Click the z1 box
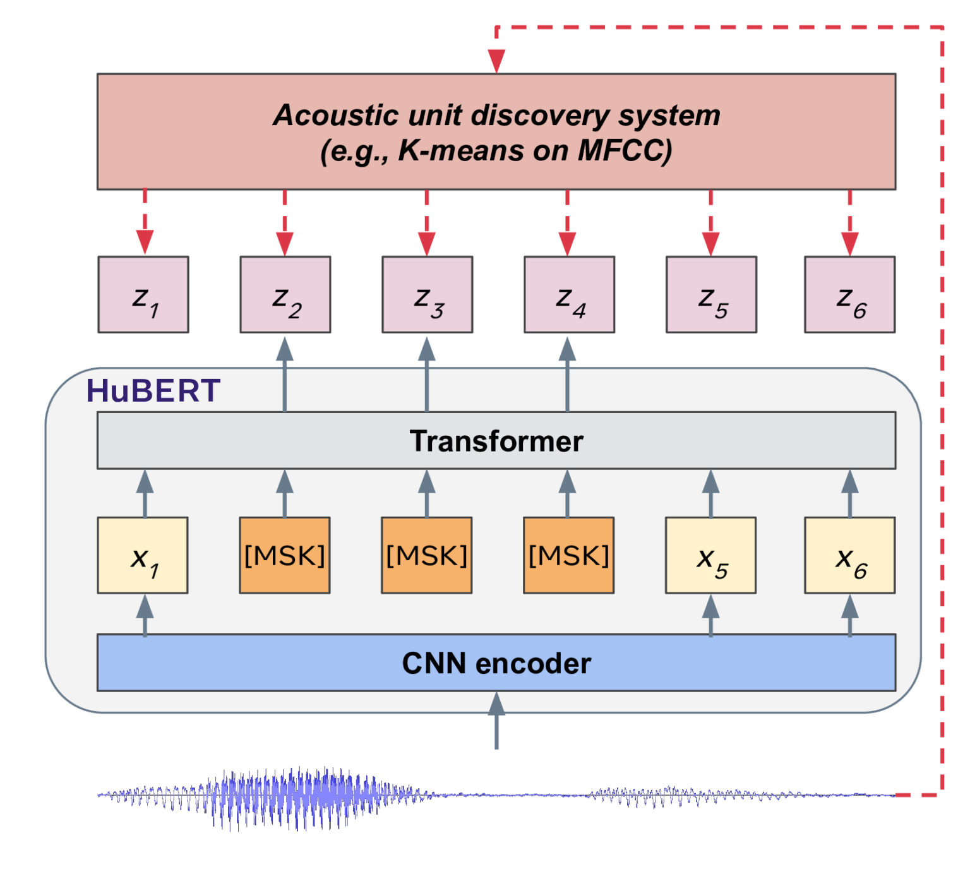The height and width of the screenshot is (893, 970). pyautogui.click(x=143, y=294)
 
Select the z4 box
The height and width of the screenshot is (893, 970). pyautogui.click(x=569, y=294)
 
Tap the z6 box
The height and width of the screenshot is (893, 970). pyautogui.click(x=849, y=294)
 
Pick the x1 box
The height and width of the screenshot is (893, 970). pyautogui.click(x=143, y=555)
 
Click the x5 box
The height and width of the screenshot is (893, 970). pyautogui.click(x=710, y=555)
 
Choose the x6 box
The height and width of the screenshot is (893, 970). pyautogui.click(x=849, y=555)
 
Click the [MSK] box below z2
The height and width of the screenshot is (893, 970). pyautogui.click(x=285, y=555)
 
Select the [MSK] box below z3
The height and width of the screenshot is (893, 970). pyautogui.click(x=427, y=555)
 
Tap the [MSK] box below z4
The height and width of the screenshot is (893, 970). pyautogui.click(x=569, y=555)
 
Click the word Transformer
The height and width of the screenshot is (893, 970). pyautogui.click(x=496, y=441)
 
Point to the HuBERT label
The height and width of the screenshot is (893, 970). pyautogui.click(x=153, y=390)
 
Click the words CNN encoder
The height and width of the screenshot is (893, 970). pyautogui.click(x=496, y=663)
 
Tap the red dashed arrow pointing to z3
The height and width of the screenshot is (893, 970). pyautogui.click(x=427, y=222)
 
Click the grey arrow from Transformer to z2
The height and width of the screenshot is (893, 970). pyautogui.click(x=285, y=374)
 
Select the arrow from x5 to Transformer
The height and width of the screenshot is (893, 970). pyautogui.click(x=711, y=493)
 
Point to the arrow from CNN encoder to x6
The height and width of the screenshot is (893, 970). pyautogui.click(x=850, y=615)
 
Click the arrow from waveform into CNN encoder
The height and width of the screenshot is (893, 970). pyautogui.click(x=496, y=720)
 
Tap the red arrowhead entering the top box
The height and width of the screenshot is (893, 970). pyautogui.click(x=496, y=61)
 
